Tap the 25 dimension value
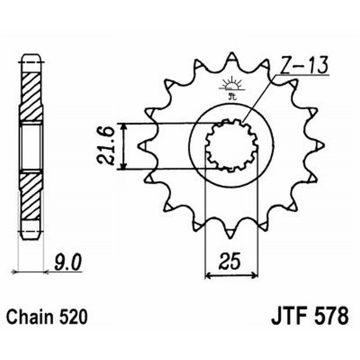coord(231,261)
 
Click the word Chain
coord(31,317)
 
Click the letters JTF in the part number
coord(288,316)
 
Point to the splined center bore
coord(232,145)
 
